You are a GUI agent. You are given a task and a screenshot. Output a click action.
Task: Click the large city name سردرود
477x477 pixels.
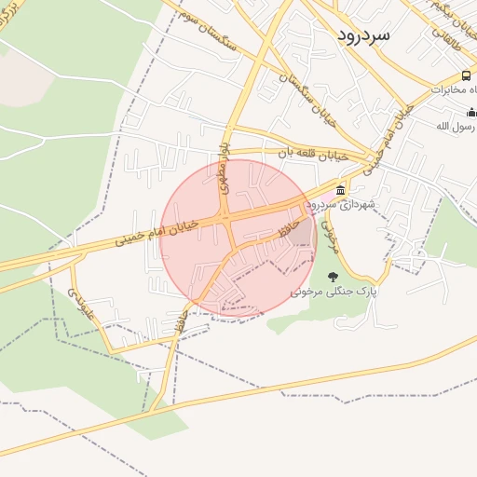coord(364,35)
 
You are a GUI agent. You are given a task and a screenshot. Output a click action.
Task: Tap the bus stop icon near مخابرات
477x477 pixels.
coord(466,75)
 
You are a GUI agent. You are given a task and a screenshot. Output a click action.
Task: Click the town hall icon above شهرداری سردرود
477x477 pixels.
coord(340,190)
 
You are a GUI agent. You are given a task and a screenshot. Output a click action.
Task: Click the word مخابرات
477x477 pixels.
coord(451,89)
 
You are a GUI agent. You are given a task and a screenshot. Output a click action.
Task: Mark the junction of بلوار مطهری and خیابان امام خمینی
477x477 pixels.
coord(227,218)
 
